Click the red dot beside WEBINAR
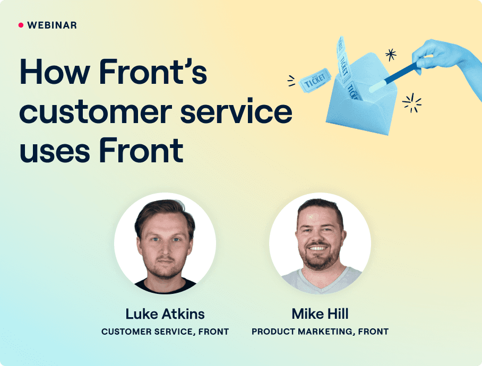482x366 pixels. (21, 25)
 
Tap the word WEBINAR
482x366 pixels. (52, 25)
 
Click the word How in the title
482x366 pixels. (55, 72)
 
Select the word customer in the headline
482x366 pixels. (96, 111)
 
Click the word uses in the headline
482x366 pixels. (55, 151)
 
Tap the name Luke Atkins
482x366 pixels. (165, 314)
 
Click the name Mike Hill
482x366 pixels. (320, 314)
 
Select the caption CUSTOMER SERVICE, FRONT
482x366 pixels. (165, 332)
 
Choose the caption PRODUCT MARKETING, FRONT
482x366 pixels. (320, 332)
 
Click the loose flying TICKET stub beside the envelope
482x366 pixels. (315, 81)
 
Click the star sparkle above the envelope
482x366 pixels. (391, 55)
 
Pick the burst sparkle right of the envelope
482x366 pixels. (411, 103)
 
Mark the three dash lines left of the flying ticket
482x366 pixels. (291, 81)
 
